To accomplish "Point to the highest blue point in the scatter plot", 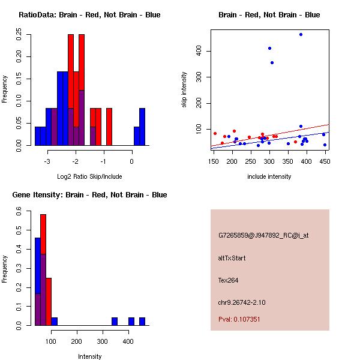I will coord(301,35).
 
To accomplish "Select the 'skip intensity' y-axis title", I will coord(184,90).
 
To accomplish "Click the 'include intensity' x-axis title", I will coord(269,176).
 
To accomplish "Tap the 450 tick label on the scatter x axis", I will coord(325,161).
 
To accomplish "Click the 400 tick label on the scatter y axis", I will coord(199,52).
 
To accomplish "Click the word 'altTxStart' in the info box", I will coord(232,258).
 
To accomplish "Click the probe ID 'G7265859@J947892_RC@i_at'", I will coord(263,236).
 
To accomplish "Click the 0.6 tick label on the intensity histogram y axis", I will coord(19,212).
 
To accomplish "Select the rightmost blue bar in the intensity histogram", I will coord(142,321).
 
